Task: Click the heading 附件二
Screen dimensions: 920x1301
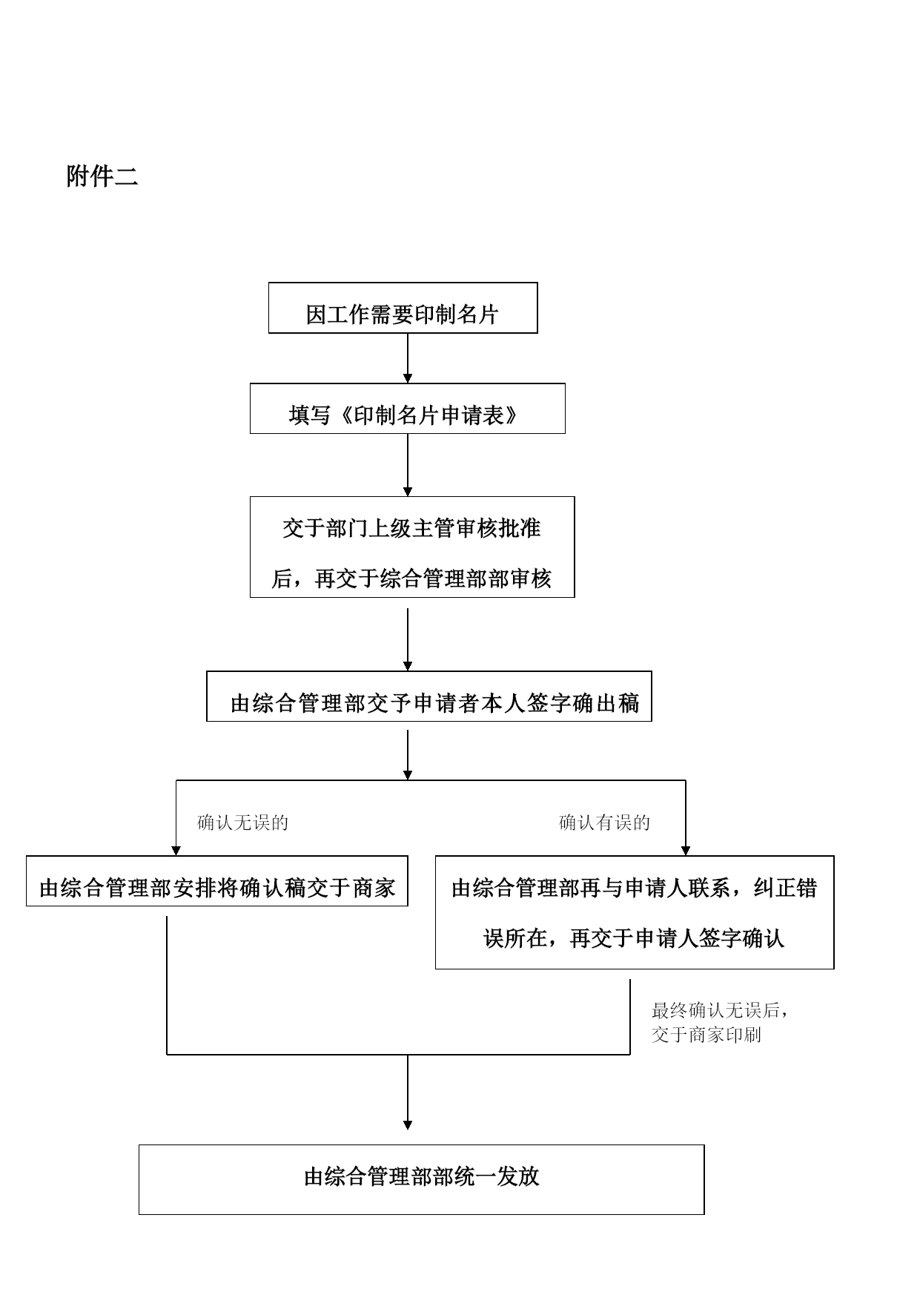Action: (102, 177)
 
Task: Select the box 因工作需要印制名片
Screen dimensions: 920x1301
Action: (403, 308)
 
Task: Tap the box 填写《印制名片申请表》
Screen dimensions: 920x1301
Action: (407, 409)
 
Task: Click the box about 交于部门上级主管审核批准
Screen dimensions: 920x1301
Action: (412, 547)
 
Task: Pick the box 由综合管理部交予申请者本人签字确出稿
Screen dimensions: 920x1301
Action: (428, 696)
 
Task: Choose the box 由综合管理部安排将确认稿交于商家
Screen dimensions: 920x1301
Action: (217, 881)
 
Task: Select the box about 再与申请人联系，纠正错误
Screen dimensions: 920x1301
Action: (635, 912)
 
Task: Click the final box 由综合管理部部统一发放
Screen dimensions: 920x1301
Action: (421, 1179)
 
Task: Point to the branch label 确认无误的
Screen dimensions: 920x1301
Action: (242, 823)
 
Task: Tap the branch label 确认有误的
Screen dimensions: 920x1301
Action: (604, 823)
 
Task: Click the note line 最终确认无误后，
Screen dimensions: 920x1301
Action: (719, 1010)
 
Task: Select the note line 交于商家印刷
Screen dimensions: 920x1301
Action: (706, 1035)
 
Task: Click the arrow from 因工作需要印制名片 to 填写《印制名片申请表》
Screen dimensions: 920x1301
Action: (407, 358)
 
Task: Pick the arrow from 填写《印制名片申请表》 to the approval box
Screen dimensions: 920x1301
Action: (407, 465)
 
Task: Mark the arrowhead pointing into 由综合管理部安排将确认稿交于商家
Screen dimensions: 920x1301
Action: (176, 851)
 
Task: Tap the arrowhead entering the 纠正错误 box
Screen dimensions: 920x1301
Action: (685, 851)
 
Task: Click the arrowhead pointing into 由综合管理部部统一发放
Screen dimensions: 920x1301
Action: (407, 1125)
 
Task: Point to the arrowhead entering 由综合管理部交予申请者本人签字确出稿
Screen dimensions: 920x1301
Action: (407, 666)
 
